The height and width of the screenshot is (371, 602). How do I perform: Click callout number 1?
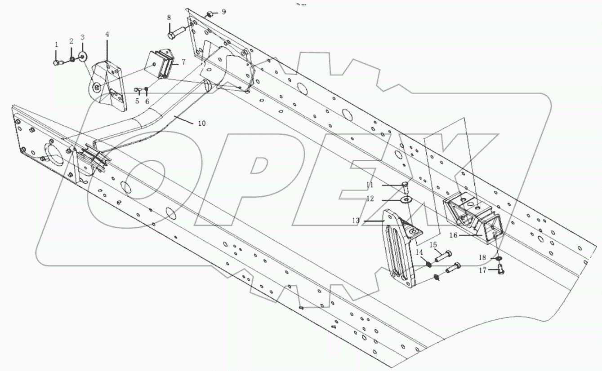[x=57, y=44]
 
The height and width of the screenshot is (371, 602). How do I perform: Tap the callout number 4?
[x=107, y=34]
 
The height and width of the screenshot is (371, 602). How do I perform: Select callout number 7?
[x=183, y=62]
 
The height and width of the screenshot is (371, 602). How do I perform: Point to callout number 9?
[x=224, y=11]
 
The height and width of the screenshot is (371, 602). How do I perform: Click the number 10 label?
[x=202, y=123]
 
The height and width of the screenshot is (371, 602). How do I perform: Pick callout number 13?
[x=356, y=221]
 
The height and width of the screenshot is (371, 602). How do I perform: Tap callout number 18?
[x=482, y=258]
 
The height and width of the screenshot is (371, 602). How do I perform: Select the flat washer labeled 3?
[x=83, y=56]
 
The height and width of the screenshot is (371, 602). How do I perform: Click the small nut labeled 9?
[x=210, y=15]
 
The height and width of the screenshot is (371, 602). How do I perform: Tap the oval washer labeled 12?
[x=406, y=199]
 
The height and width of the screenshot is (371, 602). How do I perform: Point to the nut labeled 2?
[x=71, y=59]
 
